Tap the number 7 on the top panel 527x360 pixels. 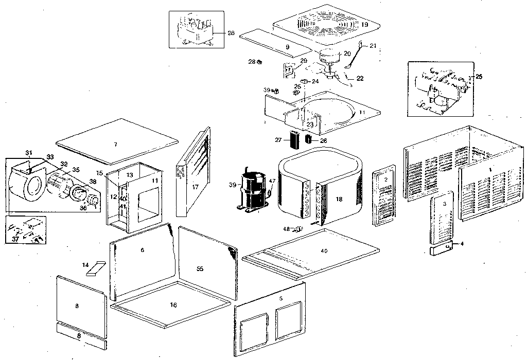[x=115, y=145]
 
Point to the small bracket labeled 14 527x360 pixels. [x=96, y=268]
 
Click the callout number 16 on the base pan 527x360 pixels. [x=173, y=305]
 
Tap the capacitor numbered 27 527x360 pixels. [x=294, y=139]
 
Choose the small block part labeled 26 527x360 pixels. [x=309, y=139]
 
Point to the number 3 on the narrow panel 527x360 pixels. [x=444, y=204]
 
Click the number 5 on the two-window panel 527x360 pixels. [x=280, y=298]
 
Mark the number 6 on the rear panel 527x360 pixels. [x=143, y=250]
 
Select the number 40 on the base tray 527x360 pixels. [x=323, y=250]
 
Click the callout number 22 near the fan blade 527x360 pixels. [x=360, y=78]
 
